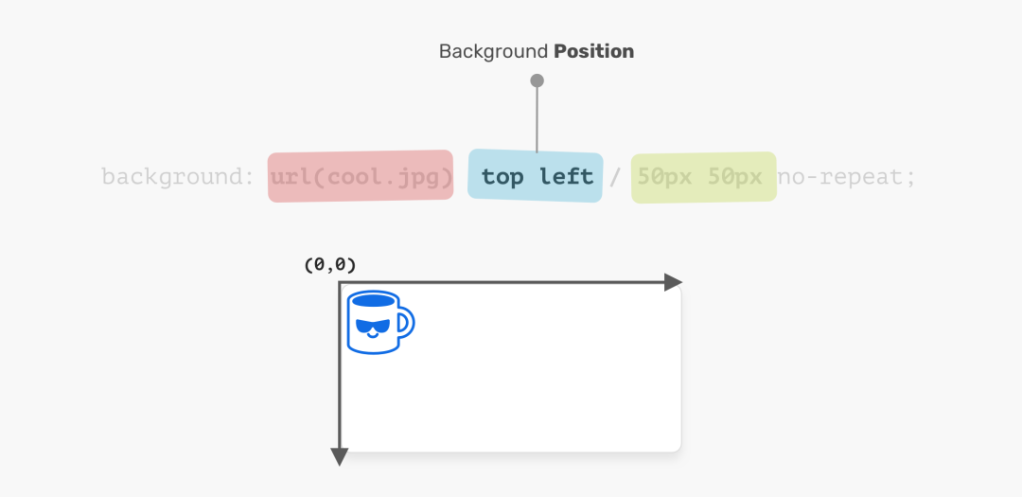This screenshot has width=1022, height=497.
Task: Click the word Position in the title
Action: (593, 51)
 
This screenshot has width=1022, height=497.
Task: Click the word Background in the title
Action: (493, 51)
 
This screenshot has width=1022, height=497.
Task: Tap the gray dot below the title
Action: (537, 80)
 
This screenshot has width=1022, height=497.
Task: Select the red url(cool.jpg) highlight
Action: (361, 176)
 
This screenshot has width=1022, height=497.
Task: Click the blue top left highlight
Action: (536, 175)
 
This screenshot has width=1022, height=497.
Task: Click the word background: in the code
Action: (178, 177)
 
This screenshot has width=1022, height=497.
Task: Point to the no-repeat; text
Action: (847, 177)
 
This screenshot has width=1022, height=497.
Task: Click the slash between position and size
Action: (615, 177)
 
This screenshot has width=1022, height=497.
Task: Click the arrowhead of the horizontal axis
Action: (674, 282)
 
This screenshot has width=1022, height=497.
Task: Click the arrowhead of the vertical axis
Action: (340, 457)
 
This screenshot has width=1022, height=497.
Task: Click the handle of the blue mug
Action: (407, 322)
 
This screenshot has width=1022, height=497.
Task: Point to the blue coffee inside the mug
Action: (372, 300)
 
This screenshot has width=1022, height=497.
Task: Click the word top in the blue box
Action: (502, 177)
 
